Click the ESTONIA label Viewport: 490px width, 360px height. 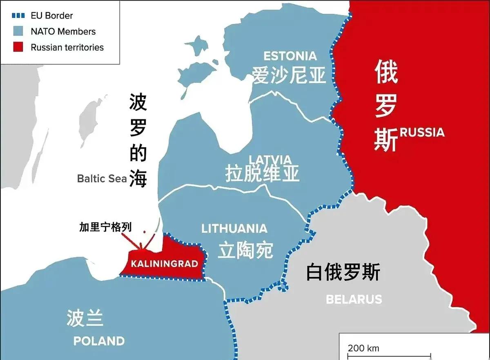pyautogui.click(x=290, y=56)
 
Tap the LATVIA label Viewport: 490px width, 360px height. pyautogui.click(x=270, y=159)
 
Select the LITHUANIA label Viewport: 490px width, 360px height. pyautogui.click(x=234, y=228)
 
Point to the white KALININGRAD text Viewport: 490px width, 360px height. pyautogui.click(x=164, y=264)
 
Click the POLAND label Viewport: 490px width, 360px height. pyautogui.click(x=99, y=341)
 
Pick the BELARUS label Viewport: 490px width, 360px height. pyautogui.click(x=354, y=299)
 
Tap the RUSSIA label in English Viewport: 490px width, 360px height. pyautogui.click(x=422, y=132)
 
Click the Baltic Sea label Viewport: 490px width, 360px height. pyautogui.click(x=102, y=178)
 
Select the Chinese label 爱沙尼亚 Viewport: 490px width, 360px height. pyautogui.click(x=289, y=75)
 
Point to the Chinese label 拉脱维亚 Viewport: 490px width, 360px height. pyautogui.click(x=263, y=173)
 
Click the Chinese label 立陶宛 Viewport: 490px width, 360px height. pyautogui.click(x=245, y=250)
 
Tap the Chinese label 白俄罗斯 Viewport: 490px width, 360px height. pyautogui.click(x=343, y=272)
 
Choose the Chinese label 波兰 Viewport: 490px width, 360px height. pyautogui.click(x=85, y=318)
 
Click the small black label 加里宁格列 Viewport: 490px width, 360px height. pyautogui.click(x=106, y=227)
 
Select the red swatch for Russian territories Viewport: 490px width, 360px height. pyautogui.click(x=18, y=47)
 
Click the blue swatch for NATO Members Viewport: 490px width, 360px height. pyautogui.click(x=18, y=31)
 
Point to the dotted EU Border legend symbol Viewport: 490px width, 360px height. pyautogui.click(x=18, y=16)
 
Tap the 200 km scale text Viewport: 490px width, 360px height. pyautogui.click(x=363, y=348)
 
